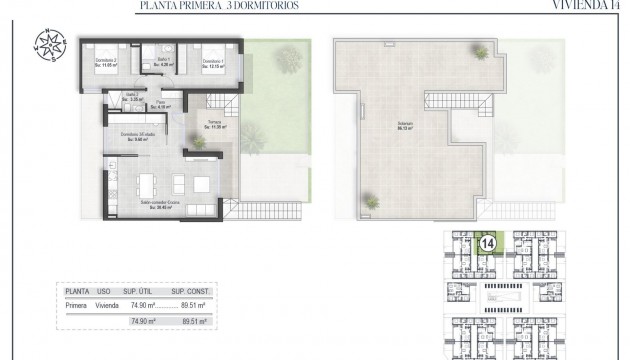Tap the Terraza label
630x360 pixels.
coord(213,125)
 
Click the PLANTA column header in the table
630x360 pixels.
coord(77,292)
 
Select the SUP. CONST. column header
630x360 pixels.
coord(190,292)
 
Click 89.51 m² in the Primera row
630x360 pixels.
coord(191,306)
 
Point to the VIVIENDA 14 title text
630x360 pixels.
coord(589,5)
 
